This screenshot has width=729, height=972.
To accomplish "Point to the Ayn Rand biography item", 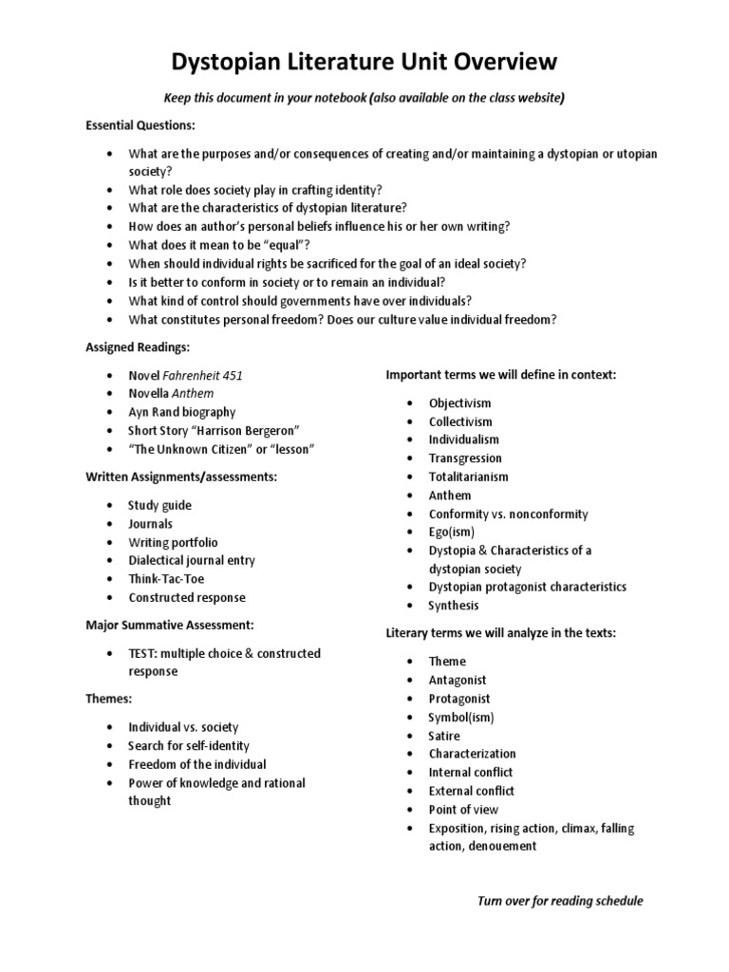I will (182, 412).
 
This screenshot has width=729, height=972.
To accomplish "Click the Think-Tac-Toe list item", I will (166, 579).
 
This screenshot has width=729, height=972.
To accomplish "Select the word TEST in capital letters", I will (145, 653).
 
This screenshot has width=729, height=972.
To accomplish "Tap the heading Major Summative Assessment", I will (170, 626).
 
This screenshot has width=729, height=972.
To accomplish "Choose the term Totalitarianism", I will (468, 477).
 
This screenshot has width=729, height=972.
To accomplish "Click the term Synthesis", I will (454, 606).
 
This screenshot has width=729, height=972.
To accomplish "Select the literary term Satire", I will (444, 736).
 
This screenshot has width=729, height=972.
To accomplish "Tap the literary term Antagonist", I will (458, 680).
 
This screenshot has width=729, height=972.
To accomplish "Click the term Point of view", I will (463, 810).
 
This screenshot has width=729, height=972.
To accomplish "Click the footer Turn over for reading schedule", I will (560, 901).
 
